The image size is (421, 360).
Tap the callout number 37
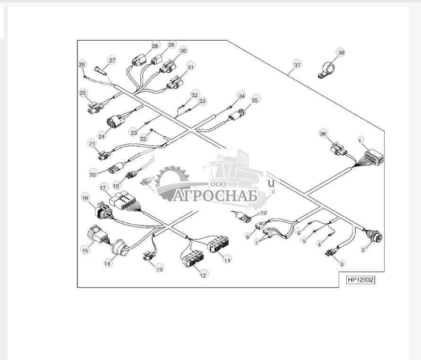pyautogui.click(x=297, y=65)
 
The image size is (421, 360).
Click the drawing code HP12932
pyautogui.click(x=361, y=280)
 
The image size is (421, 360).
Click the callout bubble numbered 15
pyautogui.click(x=85, y=250)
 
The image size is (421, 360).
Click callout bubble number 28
pyautogui.click(x=155, y=46)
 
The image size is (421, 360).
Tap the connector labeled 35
pyautogui.click(x=238, y=115)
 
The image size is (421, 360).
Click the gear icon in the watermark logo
pyautogui.click(x=172, y=180)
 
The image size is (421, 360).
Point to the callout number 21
pyautogui.click(x=92, y=143)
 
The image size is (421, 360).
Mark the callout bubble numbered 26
pyautogui.click(x=82, y=64)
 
